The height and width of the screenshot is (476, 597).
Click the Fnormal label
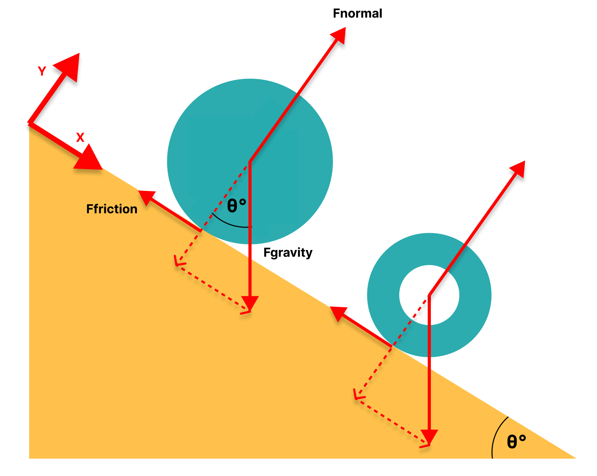point(357,13)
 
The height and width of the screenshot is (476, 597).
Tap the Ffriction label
point(111,209)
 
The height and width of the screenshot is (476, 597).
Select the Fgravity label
point(288,253)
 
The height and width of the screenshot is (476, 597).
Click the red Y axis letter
point(42,71)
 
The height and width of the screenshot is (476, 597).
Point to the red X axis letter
point(80,137)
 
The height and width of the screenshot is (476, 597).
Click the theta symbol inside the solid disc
point(232,206)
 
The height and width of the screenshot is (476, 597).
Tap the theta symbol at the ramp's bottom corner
point(512,442)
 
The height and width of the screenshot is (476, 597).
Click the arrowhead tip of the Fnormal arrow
point(340,34)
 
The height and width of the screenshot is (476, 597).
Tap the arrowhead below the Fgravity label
point(250,303)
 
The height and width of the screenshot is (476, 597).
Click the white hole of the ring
point(429,295)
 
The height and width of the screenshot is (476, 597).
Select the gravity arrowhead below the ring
point(429,436)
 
